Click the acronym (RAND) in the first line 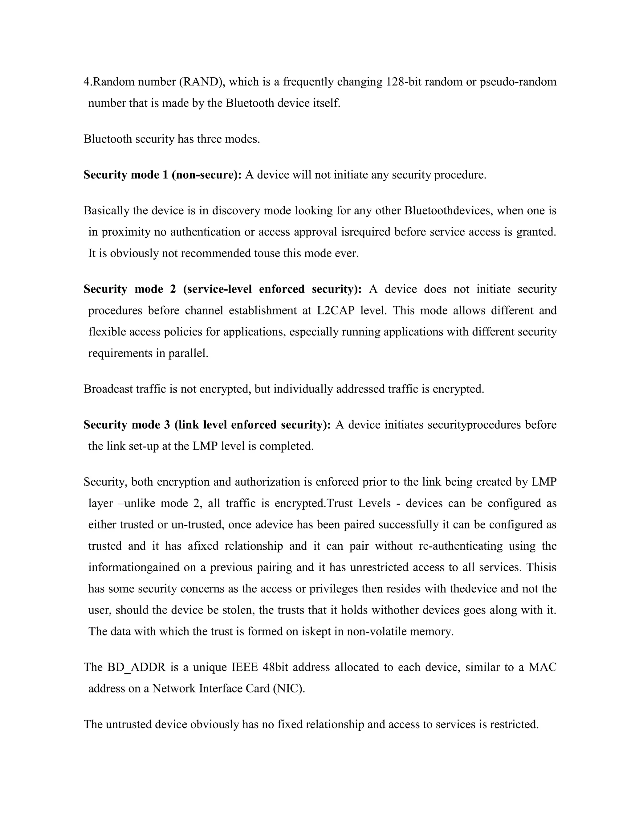[x=202, y=82]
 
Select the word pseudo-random [x=518, y=82]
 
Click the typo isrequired [x=366, y=232]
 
